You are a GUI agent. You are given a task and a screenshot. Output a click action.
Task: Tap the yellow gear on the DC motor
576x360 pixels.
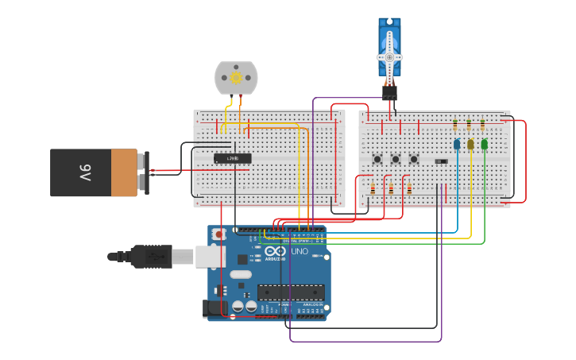point(236,77)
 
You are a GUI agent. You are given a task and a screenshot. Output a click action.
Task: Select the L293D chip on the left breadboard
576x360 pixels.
point(233,158)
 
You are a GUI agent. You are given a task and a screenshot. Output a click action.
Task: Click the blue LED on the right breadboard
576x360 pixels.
point(457,144)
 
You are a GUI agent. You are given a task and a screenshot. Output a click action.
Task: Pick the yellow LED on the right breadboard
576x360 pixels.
point(470,144)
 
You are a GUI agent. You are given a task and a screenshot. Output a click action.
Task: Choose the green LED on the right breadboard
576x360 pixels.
point(485,144)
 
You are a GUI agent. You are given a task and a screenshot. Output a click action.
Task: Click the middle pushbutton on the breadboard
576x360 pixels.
point(395,159)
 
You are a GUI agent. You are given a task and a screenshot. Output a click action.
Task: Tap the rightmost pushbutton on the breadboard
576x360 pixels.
point(413,159)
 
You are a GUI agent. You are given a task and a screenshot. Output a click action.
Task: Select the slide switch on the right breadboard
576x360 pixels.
point(441,161)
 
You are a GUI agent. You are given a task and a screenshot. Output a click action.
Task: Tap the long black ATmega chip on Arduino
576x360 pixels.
point(290,292)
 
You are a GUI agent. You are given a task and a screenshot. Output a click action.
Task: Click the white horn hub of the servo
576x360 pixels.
point(389,57)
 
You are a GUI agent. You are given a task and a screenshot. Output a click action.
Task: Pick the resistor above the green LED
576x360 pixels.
point(482,125)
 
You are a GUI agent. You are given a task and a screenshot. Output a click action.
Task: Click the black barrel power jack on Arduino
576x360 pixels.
point(215,308)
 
